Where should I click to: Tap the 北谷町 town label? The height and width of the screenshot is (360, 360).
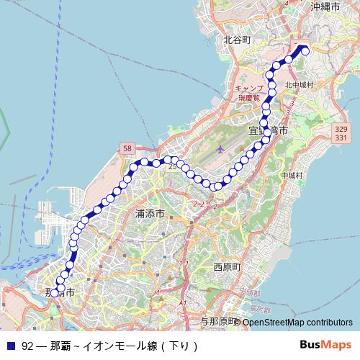click(237, 40)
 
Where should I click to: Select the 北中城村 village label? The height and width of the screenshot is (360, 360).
click(300, 84)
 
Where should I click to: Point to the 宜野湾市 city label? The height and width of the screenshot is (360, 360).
click(268, 131)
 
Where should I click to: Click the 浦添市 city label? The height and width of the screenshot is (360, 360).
click(150, 214)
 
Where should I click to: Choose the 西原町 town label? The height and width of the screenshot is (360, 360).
click(228, 266)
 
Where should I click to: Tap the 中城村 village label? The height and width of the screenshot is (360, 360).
click(292, 175)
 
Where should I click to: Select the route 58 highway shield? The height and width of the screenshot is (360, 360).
click(127, 148)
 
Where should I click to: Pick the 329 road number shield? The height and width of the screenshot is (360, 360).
click(341, 128)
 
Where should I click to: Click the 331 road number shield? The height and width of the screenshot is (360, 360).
click(341, 137)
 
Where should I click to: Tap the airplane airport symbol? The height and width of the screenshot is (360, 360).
click(219, 150)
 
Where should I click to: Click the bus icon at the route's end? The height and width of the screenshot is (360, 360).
click(303, 49)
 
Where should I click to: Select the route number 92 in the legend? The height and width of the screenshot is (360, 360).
click(27, 345)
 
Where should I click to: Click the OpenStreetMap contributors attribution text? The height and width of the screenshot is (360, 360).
click(297, 322)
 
